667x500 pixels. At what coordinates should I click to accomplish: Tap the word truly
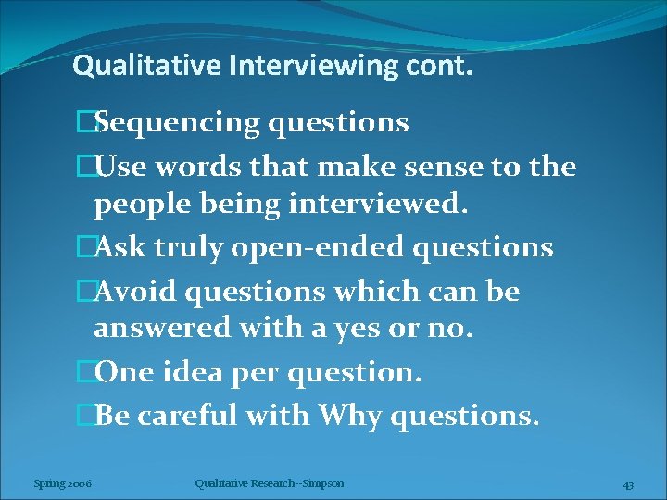(197, 247)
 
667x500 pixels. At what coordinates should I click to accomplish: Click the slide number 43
(627, 485)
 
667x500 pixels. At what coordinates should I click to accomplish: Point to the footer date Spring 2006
(62, 483)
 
